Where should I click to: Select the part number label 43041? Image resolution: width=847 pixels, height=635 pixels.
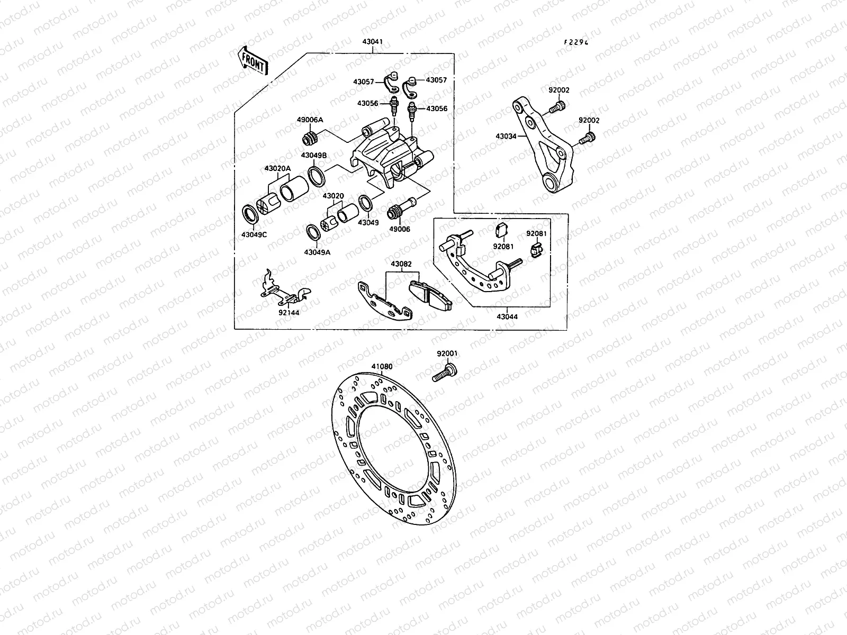pos(373,42)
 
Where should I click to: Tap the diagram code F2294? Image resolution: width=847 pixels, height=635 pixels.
pos(575,42)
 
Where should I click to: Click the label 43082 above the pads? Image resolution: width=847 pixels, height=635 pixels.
pos(402,264)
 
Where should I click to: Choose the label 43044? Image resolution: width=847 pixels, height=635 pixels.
pos(507,316)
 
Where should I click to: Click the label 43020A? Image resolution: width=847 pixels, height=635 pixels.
pos(277,168)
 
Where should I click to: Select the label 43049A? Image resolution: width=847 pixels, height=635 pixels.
pos(317,252)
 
